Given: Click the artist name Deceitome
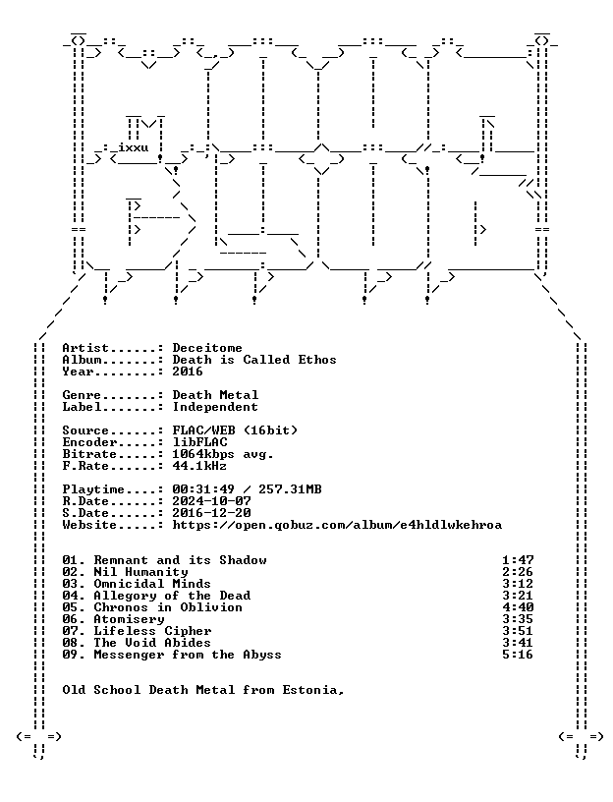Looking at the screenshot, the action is coord(207,348).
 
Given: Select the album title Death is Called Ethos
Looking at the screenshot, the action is coord(254,360).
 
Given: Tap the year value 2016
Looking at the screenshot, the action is coord(188,372).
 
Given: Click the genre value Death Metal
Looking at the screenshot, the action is coord(215,395).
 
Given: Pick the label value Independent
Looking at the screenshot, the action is coord(215,407).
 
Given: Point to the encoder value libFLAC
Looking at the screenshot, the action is coord(199,442).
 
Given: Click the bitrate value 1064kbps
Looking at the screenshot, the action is coord(203,454).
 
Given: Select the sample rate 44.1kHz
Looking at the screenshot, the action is coord(199,466).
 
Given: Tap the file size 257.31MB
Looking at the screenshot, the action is coord(290,489).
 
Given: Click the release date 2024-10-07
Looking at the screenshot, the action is coord(211,501).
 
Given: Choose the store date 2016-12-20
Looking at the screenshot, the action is coord(211,513).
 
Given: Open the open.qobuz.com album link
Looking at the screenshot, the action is coord(337,525).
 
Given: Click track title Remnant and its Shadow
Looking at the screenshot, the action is coord(180,560).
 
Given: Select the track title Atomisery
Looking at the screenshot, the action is coord(129,619).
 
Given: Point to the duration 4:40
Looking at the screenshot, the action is coord(518,607).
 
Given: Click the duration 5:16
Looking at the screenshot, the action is coord(518,655).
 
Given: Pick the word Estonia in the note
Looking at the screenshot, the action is coord(310,690).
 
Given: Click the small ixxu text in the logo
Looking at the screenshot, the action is coord(134,147).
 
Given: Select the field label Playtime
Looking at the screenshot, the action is coord(93,489).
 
